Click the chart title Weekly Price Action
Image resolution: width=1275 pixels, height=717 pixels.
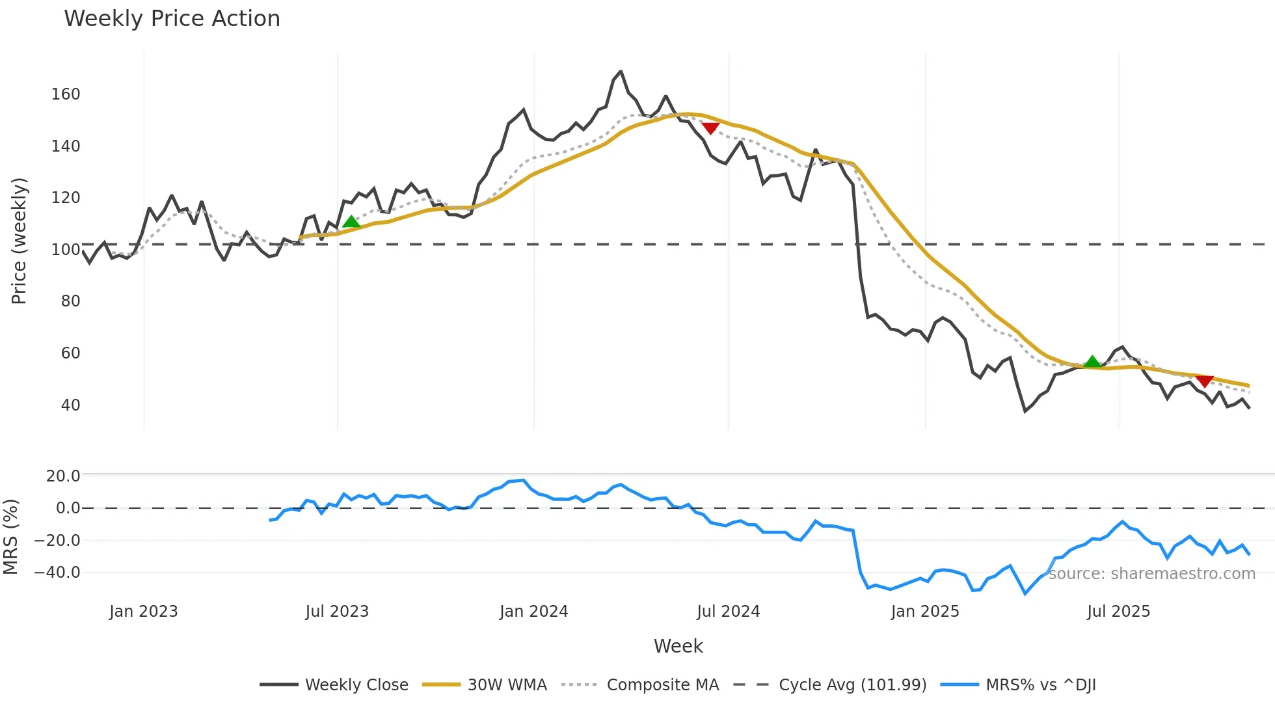[172, 19]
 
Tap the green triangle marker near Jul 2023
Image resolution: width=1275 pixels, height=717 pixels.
[351, 222]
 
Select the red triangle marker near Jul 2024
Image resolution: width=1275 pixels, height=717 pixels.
[710, 128]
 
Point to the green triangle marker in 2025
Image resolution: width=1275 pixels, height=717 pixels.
[1092, 362]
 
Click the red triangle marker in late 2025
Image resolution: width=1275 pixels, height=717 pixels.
[1205, 381]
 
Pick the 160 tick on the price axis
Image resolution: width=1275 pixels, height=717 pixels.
[66, 94]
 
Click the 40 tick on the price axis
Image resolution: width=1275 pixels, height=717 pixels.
[70, 405]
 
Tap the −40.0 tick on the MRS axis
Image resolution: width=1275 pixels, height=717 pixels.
[57, 573]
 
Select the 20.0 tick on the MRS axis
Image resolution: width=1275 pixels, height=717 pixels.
[63, 476]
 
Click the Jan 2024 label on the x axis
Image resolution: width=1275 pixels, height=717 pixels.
[533, 612]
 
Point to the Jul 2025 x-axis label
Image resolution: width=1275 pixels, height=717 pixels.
[1118, 612]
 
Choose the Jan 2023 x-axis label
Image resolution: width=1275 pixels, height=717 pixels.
[143, 612]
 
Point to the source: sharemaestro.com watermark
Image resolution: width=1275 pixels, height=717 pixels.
[1151, 574]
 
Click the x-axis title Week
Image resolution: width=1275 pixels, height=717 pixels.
[678, 646]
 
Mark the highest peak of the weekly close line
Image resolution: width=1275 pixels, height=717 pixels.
[621, 72]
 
